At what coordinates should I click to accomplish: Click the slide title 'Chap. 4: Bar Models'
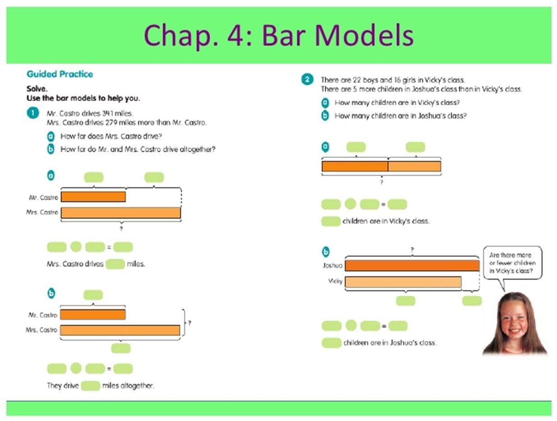[278, 35]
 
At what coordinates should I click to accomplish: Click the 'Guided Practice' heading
[60, 74]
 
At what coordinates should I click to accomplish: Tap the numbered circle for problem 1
[33, 113]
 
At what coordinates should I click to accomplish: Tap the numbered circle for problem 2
[307, 79]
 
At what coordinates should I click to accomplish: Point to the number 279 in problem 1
[111, 122]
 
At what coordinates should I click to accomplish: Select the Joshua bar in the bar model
[412, 265]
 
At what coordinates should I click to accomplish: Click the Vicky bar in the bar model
[403, 282]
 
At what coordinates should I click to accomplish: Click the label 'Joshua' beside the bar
[332, 265]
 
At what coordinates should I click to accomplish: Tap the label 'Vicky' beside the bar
[335, 281]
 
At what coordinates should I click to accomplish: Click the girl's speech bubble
[512, 263]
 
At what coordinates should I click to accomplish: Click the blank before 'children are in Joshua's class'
[331, 343]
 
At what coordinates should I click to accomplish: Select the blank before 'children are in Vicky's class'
[331, 221]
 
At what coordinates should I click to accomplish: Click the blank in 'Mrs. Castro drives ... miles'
[115, 264]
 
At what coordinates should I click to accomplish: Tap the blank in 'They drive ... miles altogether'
[90, 386]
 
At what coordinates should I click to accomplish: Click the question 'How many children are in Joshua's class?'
[400, 116]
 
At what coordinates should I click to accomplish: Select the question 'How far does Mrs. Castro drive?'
[111, 136]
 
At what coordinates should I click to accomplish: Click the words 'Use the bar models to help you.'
[83, 98]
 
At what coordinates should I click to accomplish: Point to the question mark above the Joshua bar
[412, 250]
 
